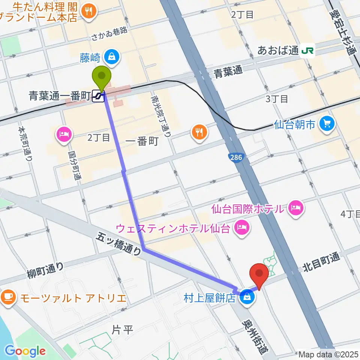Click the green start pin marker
click(102, 76)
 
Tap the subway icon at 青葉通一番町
click(99, 96)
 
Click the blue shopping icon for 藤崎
click(112, 57)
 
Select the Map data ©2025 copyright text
click(328, 354)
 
